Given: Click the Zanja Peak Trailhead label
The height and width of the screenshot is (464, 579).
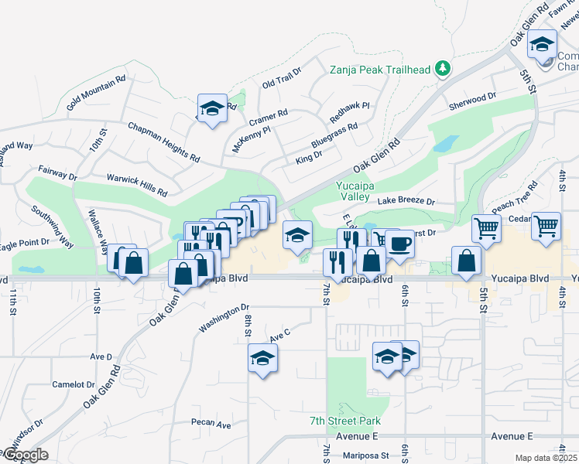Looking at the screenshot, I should pyautogui.click(x=379, y=70).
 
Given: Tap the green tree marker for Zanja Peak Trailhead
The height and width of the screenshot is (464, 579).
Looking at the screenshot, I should pyautogui.click(x=443, y=70).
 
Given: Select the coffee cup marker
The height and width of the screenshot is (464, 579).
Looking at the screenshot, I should pyautogui.click(x=399, y=244).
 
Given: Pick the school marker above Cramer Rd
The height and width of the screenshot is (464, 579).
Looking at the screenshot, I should pyautogui.click(x=211, y=109).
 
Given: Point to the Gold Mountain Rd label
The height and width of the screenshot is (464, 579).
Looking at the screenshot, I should pyautogui.click(x=96, y=92).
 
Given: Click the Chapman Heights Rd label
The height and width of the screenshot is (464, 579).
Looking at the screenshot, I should pyautogui.click(x=163, y=142).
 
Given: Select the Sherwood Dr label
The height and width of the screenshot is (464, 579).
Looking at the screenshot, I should pyautogui.click(x=472, y=98).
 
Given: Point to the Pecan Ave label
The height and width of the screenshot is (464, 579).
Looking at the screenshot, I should pyautogui.click(x=212, y=425).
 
